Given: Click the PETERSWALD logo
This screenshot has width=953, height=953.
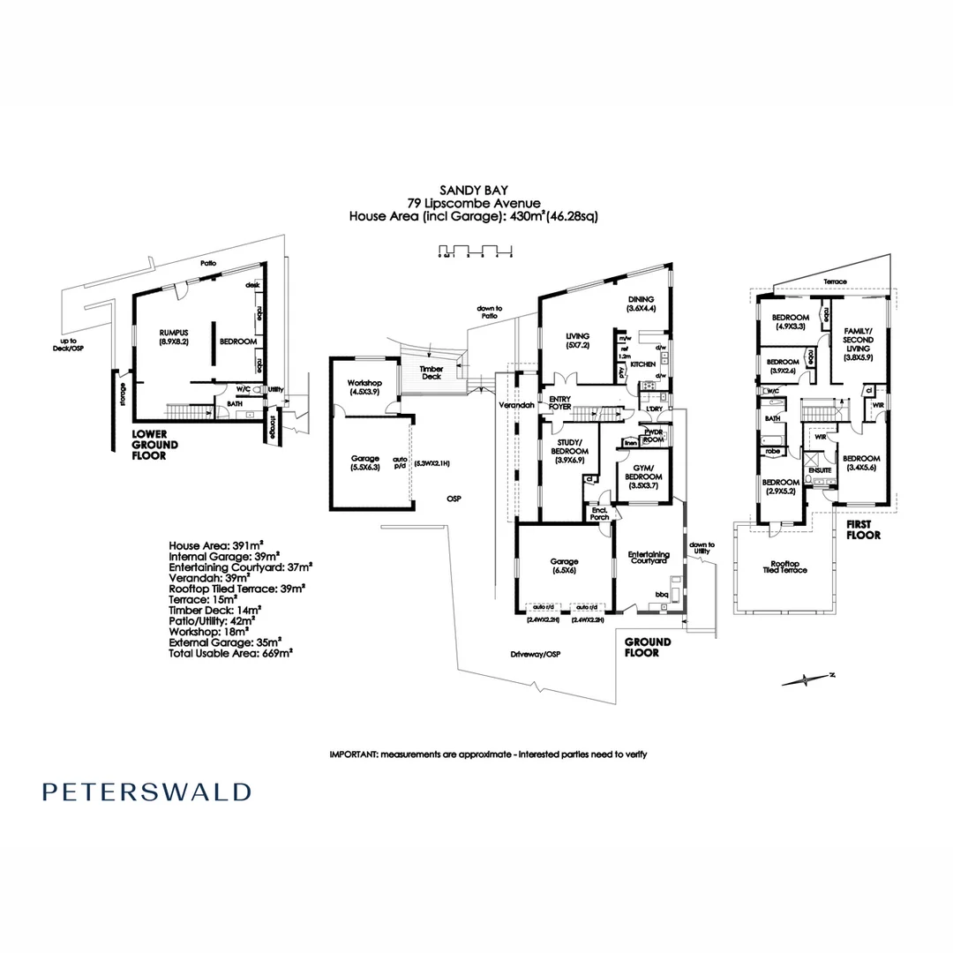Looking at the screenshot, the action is pyautogui.click(x=146, y=792).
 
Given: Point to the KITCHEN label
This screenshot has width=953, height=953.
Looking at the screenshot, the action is pyautogui.click(x=642, y=364).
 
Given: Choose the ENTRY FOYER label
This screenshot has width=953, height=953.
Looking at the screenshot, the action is pyautogui.click(x=560, y=402).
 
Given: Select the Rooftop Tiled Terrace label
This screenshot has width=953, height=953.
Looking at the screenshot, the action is pyautogui.click(x=785, y=567).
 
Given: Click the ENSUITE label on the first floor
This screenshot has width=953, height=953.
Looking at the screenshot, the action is pyautogui.click(x=821, y=470).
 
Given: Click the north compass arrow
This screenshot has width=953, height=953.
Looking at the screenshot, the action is pyautogui.click(x=808, y=679).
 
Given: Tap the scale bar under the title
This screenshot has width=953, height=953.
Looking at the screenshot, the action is pyautogui.click(x=476, y=253).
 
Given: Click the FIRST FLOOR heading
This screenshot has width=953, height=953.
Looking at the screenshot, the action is pyautogui.click(x=865, y=529).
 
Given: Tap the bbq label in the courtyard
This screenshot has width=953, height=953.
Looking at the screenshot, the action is pyautogui.click(x=661, y=594).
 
